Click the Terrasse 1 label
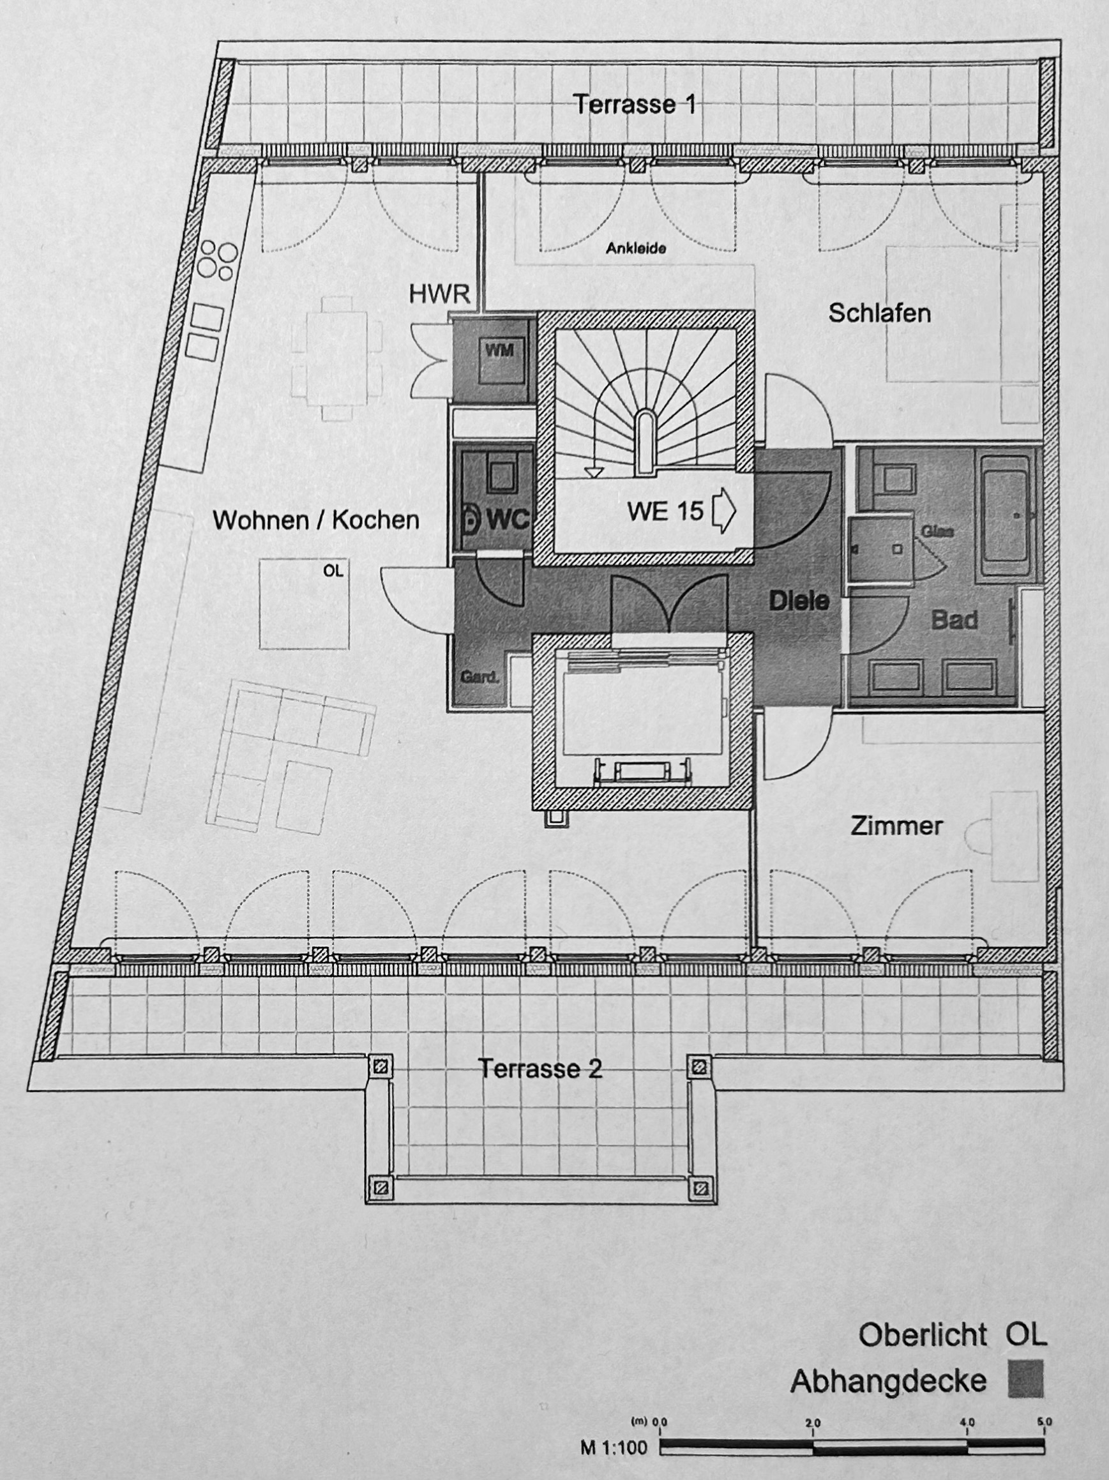point(635,104)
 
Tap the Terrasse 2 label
point(540,1069)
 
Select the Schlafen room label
point(880,313)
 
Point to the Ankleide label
point(636,248)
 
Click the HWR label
point(439,294)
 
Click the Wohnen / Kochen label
point(315,520)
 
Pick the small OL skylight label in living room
point(333,571)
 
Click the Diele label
point(799,601)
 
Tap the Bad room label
point(954,620)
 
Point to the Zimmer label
point(896,826)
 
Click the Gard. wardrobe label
point(480,677)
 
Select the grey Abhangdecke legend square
point(1025,1379)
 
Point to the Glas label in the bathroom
point(937,532)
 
